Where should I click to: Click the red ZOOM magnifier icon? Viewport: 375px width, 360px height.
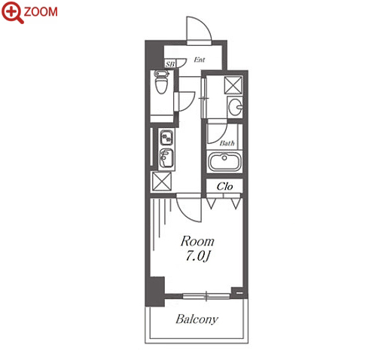coord(12,12)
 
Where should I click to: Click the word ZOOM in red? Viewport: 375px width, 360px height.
coord(41,12)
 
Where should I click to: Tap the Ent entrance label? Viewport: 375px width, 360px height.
coord(200,59)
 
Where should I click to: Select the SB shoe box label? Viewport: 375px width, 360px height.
coord(170,64)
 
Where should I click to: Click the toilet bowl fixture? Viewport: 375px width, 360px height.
coord(161,82)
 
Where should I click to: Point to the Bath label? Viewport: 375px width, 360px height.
coord(227,143)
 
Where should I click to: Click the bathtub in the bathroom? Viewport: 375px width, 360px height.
coord(224,162)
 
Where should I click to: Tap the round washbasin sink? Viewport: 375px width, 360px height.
coord(236,107)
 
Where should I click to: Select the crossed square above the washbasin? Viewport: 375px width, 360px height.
coord(233,85)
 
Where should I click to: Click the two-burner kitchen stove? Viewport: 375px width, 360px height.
coord(166,137)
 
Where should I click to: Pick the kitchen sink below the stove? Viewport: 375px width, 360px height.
coord(166,158)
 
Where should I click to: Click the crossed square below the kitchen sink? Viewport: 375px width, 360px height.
coord(162,182)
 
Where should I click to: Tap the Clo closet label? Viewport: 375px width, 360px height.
coord(224,187)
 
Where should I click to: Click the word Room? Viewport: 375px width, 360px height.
coord(197,241)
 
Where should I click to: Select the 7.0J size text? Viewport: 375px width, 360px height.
coord(197,256)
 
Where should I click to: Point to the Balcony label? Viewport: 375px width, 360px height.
coord(197,319)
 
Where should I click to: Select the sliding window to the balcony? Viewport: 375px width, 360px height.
coord(206,296)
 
